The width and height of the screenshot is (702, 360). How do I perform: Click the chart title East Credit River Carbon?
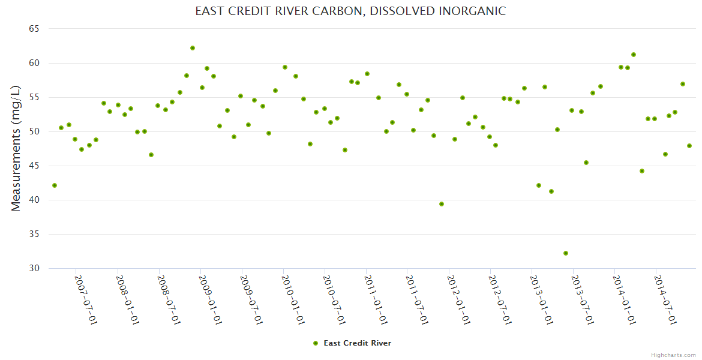350,11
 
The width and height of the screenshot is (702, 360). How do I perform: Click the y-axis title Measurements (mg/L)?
16,148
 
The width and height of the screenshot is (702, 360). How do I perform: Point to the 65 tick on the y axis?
34,29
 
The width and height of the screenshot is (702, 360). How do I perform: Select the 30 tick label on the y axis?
34,268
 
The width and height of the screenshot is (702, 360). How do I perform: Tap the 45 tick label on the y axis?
34,166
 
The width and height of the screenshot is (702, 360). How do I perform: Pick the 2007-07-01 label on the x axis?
86,300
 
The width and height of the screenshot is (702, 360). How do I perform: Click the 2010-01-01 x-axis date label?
293,300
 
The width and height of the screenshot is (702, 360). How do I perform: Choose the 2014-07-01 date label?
665,300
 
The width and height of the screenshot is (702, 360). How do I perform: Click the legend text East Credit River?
357,343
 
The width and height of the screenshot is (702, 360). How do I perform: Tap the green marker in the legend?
315,343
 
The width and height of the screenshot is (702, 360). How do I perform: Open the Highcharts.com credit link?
673,355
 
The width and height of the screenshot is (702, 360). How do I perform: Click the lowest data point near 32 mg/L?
566,253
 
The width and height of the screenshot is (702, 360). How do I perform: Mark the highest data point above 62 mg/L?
193,48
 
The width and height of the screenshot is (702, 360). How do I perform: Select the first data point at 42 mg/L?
55,185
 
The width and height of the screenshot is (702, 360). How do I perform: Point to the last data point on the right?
689,146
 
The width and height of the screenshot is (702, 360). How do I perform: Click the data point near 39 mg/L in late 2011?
442,204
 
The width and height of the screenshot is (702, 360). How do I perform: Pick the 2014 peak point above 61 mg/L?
634,55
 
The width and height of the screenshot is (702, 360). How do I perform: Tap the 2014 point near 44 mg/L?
642,171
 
